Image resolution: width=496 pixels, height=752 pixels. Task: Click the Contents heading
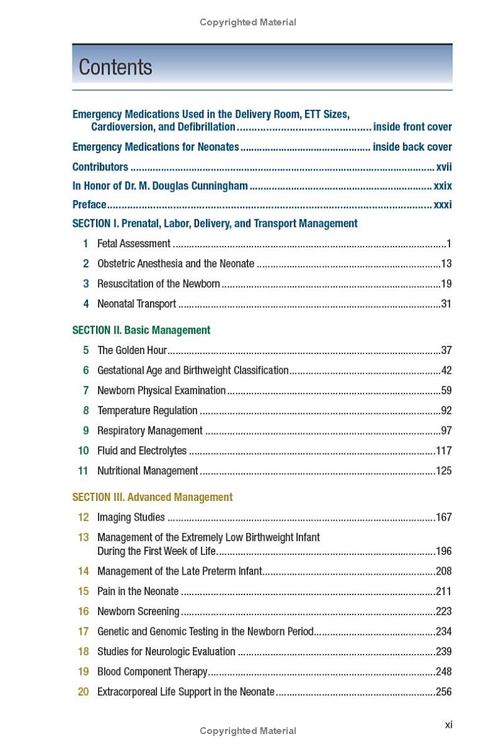pyautogui.click(x=115, y=67)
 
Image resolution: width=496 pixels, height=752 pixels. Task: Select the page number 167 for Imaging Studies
pyautogui.click(x=443, y=517)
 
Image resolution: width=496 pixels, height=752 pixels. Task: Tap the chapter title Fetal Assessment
pyautogui.click(x=134, y=244)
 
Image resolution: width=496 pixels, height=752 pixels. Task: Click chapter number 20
pyautogui.click(x=83, y=692)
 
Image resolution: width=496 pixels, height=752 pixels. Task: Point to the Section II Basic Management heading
pyautogui.click(x=141, y=330)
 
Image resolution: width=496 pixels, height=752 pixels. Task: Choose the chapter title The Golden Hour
pyautogui.click(x=132, y=350)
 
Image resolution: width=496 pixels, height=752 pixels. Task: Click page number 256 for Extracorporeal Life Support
pyautogui.click(x=443, y=692)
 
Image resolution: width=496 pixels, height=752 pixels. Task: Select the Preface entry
pyautogui.click(x=89, y=205)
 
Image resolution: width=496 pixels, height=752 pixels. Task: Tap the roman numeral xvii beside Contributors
pyautogui.click(x=444, y=167)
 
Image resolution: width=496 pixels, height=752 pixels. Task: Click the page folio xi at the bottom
pyautogui.click(x=449, y=724)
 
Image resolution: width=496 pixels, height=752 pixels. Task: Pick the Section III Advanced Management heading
pyautogui.click(x=153, y=497)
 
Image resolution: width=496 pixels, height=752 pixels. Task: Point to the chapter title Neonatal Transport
pyautogui.click(x=136, y=304)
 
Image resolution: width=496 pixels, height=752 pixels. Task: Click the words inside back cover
pyautogui.click(x=412, y=147)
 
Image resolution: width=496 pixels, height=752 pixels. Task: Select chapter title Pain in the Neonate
pyautogui.click(x=138, y=591)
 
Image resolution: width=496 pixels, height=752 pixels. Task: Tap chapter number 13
pyautogui.click(x=83, y=537)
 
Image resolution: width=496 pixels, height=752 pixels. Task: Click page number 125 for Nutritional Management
pyautogui.click(x=443, y=471)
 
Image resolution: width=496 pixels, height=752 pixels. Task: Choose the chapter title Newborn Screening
pyautogui.click(x=138, y=611)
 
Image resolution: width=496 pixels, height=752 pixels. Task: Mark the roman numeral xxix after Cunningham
pyautogui.click(x=443, y=186)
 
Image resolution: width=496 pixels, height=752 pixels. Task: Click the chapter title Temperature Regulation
pyautogui.click(x=148, y=410)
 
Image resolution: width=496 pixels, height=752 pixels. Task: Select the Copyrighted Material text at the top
pyautogui.click(x=248, y=22)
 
